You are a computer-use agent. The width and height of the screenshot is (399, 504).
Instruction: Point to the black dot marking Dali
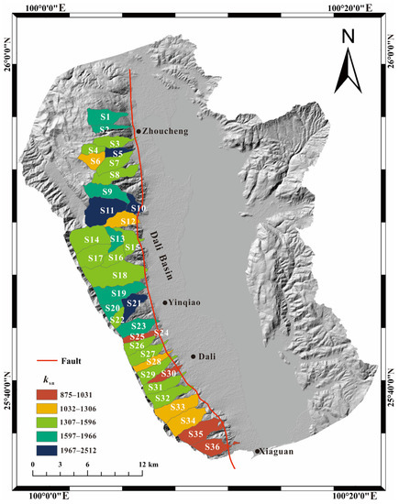pos(193,356)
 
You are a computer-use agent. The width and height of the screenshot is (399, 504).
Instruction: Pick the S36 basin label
pos(212,446)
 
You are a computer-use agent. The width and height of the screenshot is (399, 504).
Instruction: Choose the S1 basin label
pos(105,117)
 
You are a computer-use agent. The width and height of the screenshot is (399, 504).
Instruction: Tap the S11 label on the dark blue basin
pos(106,212)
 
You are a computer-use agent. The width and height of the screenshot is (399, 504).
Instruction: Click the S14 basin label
pos(92,240)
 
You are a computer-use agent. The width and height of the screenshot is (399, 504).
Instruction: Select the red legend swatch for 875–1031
pos(51,393)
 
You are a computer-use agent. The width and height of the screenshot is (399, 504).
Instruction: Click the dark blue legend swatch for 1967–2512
pos(51,449)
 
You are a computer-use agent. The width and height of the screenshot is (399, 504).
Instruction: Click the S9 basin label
pos(107,192)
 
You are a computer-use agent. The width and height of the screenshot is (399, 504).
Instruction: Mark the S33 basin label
pos(178,407)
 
